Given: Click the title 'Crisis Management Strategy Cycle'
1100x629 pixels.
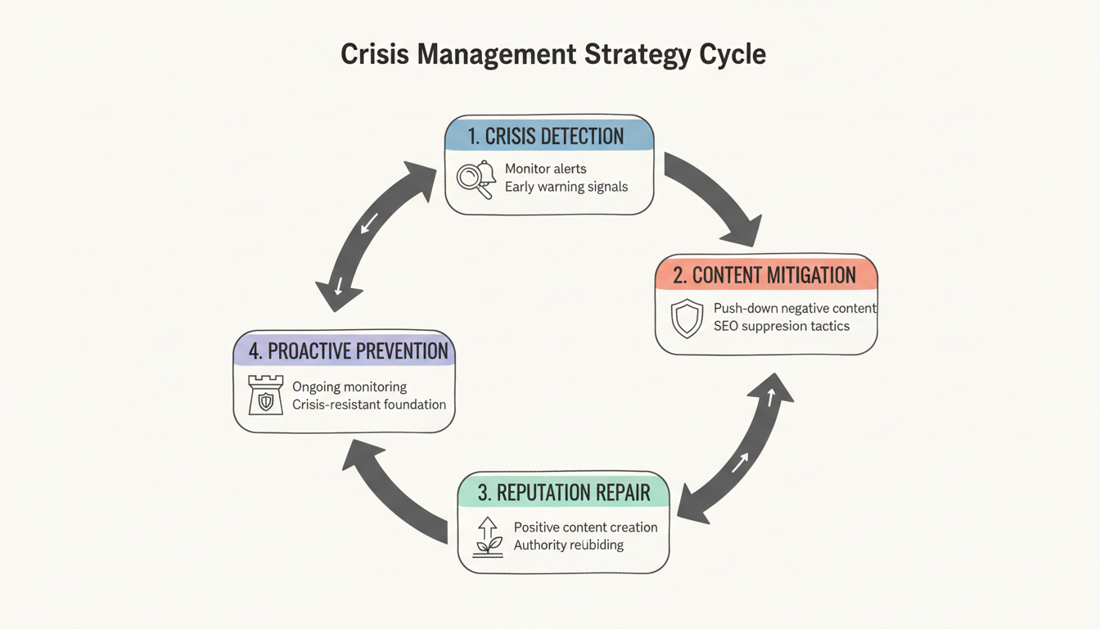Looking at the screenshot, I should (x=552, y=54).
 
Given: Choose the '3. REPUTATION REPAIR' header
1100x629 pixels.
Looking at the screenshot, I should (x=564, y=492).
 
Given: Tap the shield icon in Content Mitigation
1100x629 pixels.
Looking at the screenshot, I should (x=686, y=319).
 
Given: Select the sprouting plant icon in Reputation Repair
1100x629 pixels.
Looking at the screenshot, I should (x=488, y=537).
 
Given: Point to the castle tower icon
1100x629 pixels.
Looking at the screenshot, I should (x=265, y=395).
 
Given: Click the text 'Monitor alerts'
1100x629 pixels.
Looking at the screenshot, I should (x=545, y=169).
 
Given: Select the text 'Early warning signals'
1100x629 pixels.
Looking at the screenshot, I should (x=566, y=187).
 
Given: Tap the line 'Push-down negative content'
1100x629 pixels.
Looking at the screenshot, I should (x=795, y=309).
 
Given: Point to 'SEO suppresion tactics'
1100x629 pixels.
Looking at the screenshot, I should (x=782, y=326).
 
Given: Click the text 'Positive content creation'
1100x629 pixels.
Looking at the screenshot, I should (x=585, y=527).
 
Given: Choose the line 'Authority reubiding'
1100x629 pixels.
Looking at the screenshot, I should (x=568, y=545).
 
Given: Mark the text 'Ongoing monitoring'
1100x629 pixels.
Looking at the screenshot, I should (x=349, y=387).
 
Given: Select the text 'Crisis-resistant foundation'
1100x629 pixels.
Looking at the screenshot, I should (x=369, y=404).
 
